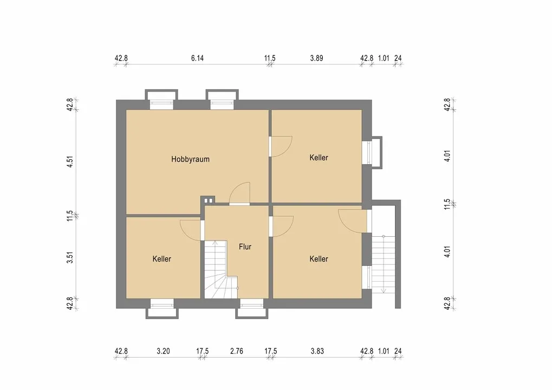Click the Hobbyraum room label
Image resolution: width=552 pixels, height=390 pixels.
(x=190, y=159)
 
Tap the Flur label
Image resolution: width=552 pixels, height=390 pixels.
(x=245, y=247)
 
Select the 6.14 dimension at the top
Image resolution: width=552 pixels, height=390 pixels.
(x=198, y=58)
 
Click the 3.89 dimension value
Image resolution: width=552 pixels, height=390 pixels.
(x=316, y=58)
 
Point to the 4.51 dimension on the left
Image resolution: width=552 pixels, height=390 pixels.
(x=70, y=161)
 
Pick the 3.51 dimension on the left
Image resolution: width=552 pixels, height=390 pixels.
(x=70, y=257)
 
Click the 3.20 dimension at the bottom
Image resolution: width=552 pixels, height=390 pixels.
(x=164, y=351)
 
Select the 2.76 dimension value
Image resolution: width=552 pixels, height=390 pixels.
(x=237, y=351)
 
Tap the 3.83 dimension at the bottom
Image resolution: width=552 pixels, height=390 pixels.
(x=317, y=351)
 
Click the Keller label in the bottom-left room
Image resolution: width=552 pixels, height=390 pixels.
(x=161, y=259)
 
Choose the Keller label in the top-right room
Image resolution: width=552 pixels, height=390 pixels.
(x=319, y=158)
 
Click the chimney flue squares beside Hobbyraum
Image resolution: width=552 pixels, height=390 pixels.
(x=209, y=201)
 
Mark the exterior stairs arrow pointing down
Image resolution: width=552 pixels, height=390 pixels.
(x=384, y=264)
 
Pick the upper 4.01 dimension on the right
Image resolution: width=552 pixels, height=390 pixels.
(x=447, y=155)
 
